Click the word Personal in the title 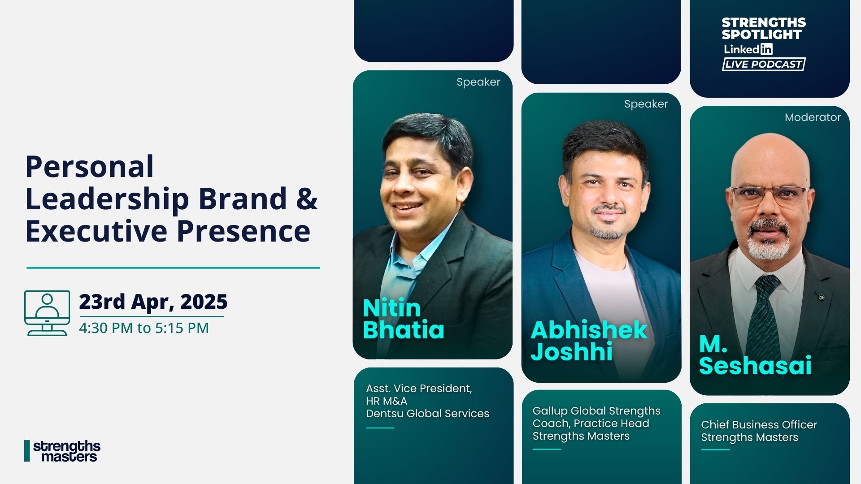coord(90,167)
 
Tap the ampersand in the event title coord(307,199)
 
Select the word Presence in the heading coord(244,231)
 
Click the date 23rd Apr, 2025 coord(153,302)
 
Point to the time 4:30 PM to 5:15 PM coord(144,328)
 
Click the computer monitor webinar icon coord(47,313)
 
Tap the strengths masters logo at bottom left coord(62,451)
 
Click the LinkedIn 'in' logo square coord(766,49)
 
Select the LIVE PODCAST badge coord(764,64)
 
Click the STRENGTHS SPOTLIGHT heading coord(764,28)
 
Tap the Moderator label coord(813,117)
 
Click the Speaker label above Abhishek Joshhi coord(646,104)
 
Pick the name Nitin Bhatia coord(404,319)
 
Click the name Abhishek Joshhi coord(589,341)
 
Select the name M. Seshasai coord(755,355)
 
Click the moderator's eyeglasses coord(770,195)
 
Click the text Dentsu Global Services coord(427,414)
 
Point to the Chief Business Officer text coord(759,425)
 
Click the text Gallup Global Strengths coord(596,411)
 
